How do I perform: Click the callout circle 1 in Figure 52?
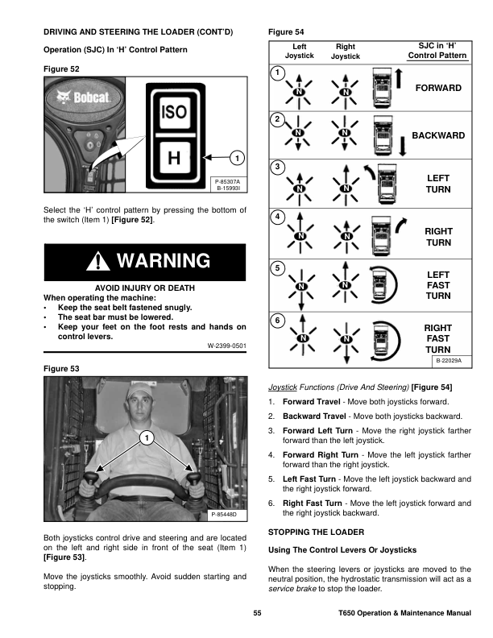[236, 156]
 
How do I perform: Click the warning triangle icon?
[98, 262]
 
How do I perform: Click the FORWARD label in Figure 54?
[437, 87]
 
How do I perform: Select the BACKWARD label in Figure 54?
[437, 135]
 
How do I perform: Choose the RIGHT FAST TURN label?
[437, 338]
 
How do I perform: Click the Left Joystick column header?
[300, 52]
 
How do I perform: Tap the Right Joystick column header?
[346, 52]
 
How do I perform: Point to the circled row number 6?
[277, 321]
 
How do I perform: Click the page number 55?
[257, 615]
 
